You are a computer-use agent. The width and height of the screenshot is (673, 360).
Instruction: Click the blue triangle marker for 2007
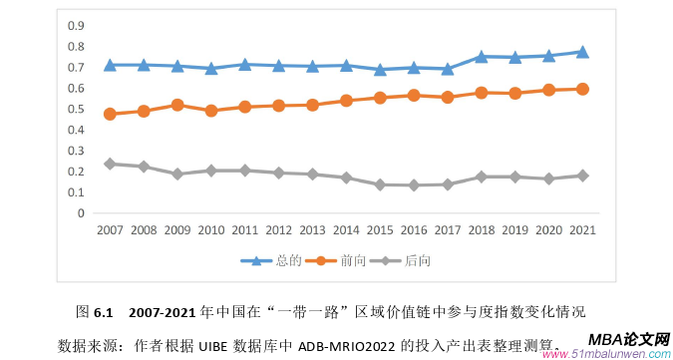tap(109, 65)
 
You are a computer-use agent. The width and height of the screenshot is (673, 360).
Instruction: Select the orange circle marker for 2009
tap(176, 105)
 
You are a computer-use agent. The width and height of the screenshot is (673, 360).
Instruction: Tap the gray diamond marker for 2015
tap(379, 184)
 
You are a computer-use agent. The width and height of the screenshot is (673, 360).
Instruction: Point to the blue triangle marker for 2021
tap(582, 52)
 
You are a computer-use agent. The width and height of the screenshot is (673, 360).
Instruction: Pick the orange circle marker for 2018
tap(481, 93)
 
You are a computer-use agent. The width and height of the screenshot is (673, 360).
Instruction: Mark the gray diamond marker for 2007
tap(109, 164)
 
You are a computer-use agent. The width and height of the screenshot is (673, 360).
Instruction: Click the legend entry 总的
tap(274, 261)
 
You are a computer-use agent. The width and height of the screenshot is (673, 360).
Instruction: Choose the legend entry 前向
tap(343, 261)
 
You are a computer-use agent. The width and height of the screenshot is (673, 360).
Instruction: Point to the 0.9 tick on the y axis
tap(76, 26)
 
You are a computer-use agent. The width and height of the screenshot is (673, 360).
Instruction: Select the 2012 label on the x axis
tap(278, 230)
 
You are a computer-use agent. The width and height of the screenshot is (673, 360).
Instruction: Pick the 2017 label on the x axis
tap(447, 230)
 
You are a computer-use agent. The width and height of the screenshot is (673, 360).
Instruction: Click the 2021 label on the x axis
tap(582, 230)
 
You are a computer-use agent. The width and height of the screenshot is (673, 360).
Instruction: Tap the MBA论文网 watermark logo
tap(627, 341)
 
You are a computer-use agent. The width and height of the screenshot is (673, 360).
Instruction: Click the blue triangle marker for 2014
tap(345, 66)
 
